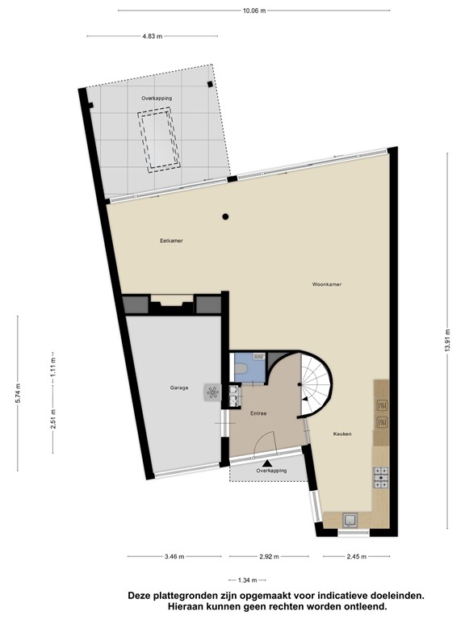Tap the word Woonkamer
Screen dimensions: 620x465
tap(328, 284)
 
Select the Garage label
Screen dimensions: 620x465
tap(179, 388)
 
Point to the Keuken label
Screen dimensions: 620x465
tap(342, 434)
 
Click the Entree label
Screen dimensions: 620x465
tap(258, 413)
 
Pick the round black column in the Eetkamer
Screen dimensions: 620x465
tap(226, 216)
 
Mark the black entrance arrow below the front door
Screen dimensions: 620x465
tap(266, 463)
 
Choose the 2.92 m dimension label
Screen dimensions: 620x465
tap(267, 556)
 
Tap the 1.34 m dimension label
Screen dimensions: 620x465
tap(249, 580)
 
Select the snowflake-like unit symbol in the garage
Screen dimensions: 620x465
tap(213, 393)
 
